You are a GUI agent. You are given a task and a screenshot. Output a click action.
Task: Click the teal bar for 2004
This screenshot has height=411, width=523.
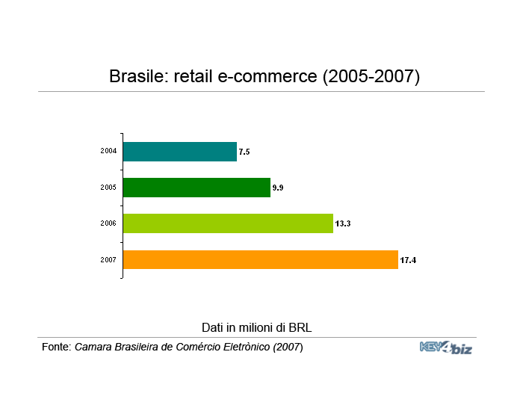[x=180, y=152]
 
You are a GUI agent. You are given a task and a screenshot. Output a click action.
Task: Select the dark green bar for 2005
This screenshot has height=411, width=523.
[x=196, y=188]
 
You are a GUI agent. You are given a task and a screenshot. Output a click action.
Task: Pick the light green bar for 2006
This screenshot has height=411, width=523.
[x=228, y=223]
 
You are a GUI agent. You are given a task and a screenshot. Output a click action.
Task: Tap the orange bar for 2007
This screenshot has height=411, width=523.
[x=261, y=259]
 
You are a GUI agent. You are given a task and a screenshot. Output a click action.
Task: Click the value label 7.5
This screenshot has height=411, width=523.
[x=244, y=152]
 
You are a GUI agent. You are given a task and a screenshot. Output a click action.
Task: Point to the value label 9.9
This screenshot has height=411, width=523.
[x=278, y=188]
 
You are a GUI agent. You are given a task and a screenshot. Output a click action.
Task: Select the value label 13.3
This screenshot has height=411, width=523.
[x=343, y=223]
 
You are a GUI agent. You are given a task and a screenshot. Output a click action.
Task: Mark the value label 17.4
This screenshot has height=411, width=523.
[x=408, y=260]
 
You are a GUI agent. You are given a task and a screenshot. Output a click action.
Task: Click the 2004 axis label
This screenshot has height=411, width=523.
[x=108, y=151]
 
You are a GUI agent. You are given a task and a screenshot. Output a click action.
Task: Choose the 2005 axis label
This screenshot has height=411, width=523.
[x=108, y=188]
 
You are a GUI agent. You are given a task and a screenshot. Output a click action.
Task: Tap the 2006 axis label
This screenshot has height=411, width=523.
[x=108, y=223]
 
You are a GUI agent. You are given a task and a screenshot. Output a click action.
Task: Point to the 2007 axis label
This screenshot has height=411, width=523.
[x=108, y=259]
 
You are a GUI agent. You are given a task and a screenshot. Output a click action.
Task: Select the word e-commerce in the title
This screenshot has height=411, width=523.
[x=267, y=77]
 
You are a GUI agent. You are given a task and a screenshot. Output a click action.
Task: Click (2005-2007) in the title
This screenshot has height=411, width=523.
[x=371, y=77]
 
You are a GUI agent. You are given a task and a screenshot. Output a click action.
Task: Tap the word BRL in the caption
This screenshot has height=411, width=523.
[x=300, y=327]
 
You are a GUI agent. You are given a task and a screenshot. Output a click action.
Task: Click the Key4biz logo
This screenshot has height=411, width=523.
[x=446, y=347]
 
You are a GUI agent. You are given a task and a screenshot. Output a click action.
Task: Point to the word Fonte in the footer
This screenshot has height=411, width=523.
[x=57, y=347]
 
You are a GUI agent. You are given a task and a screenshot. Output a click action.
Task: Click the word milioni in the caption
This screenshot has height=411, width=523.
[x=256, y=327]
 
